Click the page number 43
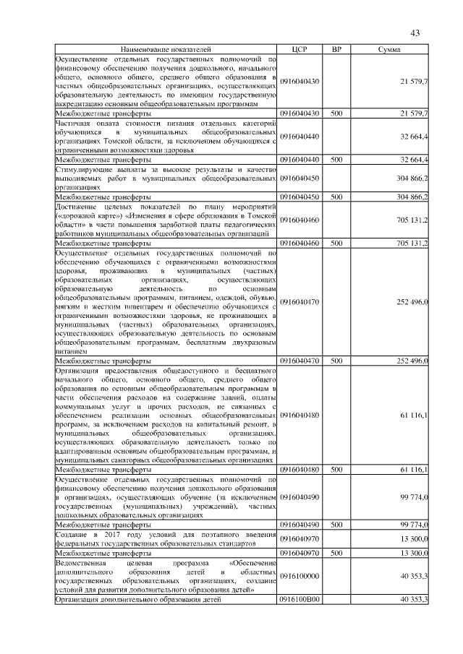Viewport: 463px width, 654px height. (415, 33)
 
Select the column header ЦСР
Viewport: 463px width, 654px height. (300, 49)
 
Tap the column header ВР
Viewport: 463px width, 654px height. (336, 49)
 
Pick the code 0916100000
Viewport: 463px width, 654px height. (300, 575)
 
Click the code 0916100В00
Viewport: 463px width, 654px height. (300, 600)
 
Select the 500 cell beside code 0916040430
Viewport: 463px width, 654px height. (336, 114)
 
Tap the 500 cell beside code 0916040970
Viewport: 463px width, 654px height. (336, 553)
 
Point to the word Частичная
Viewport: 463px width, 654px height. (75, 124)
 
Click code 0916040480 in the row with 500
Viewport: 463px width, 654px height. (300, 470)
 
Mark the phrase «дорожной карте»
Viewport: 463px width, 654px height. (85, 215)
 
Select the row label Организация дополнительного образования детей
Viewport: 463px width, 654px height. (138, 600)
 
